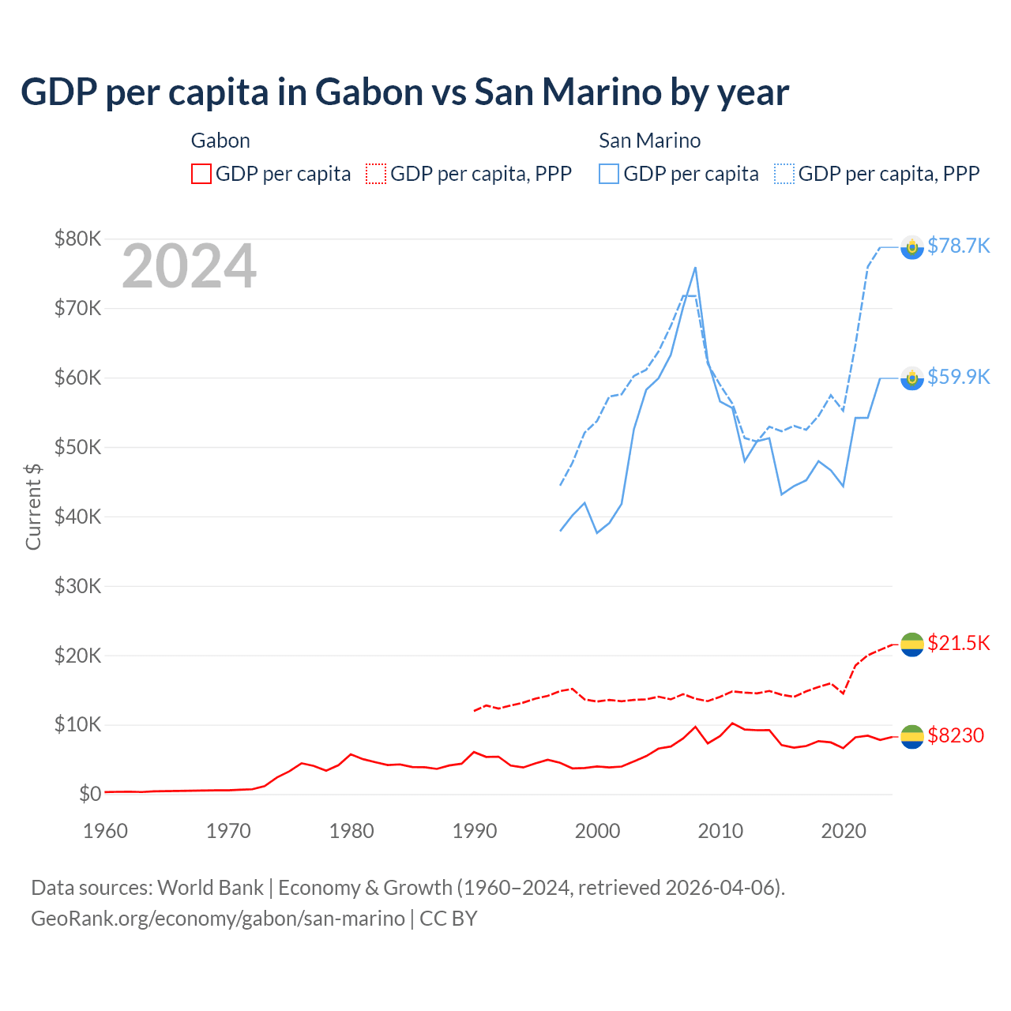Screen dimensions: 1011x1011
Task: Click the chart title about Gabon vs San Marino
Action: click(x=404, y=92)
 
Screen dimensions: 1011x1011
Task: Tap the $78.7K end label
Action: click(x=958, y=246)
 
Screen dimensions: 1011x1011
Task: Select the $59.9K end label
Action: click(x=958, y=377)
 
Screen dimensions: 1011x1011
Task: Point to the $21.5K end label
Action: click(x=958, y=643)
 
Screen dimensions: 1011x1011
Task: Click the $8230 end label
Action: click(x=955, y=735)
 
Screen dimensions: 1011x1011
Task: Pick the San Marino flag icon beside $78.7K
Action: click(x=912, y=247)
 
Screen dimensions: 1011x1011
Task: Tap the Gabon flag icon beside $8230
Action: click(x=912, y=736)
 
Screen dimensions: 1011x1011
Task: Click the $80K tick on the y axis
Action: click(x=77, y=239)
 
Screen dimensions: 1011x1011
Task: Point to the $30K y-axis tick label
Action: click(x=77, y=586)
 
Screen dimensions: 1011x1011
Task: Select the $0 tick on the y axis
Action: click(x=90, y=794)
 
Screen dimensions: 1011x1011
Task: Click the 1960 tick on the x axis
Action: click(x=105, y=831)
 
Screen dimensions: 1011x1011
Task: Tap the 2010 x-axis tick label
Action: click(x=720, y=831)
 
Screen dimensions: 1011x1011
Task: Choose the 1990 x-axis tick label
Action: click(x=475, y=831)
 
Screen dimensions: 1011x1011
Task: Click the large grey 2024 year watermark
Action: click(x=189, y=266)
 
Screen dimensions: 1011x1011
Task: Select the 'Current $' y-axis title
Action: click(x=33, y=506)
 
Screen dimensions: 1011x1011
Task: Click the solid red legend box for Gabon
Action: click(x=201, y=174)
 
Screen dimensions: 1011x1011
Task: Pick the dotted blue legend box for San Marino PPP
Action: click(x=784, y=174)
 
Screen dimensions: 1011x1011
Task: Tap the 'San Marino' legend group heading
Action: click(x=649, y=141)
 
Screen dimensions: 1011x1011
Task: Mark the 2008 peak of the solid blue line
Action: click(x=695, y=268)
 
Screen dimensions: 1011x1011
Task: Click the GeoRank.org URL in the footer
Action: click(x=218, y=919)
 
